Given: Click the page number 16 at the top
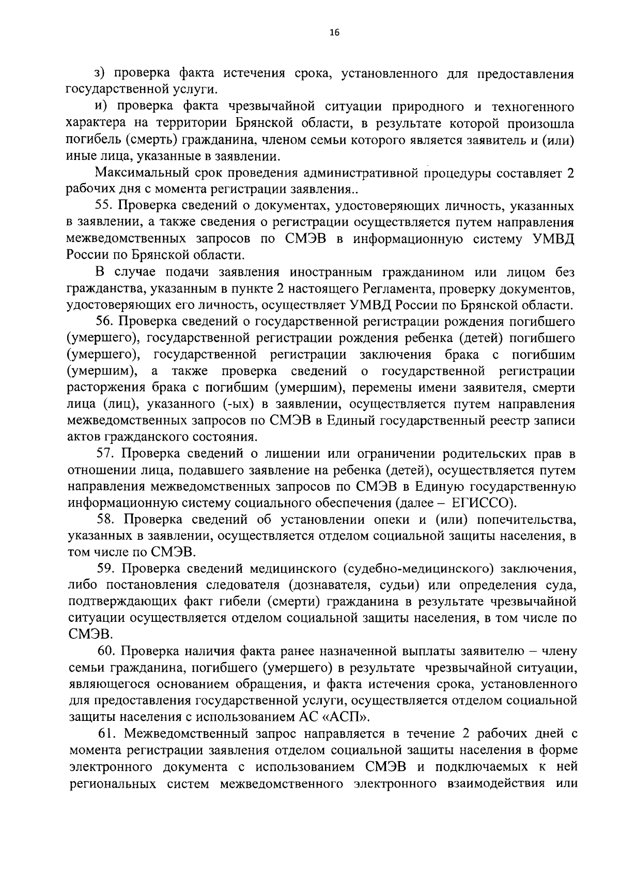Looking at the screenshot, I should (x=334, y=33).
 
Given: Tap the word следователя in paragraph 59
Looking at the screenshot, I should (x=245, y=586).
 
